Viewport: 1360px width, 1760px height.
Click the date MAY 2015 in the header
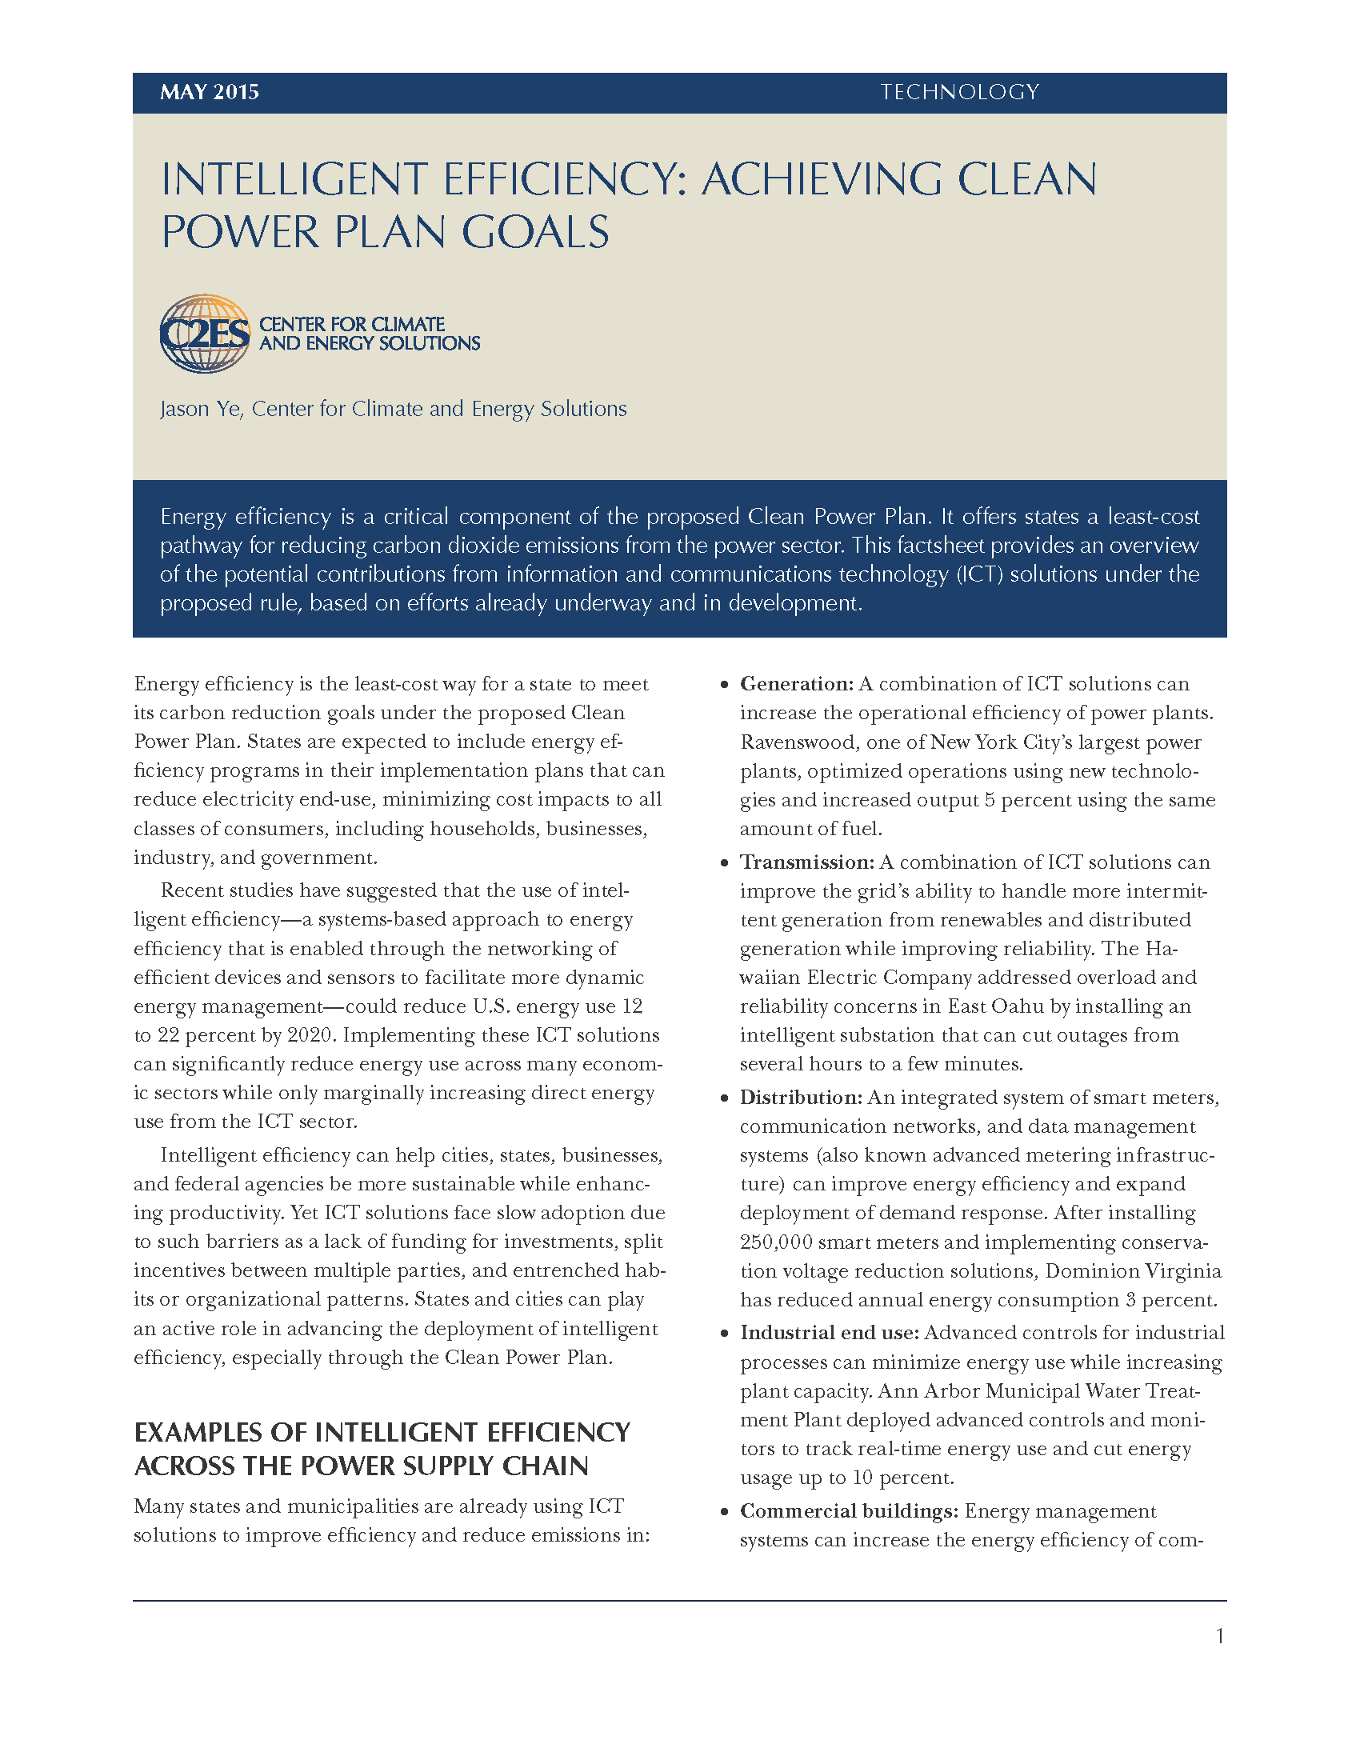pos(210,92)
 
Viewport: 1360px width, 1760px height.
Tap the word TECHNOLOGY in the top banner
pos(958,92)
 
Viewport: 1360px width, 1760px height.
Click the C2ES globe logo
pos(205,334)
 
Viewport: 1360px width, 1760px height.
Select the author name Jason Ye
pos(201,410)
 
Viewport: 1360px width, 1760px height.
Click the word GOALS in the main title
pos(535,233)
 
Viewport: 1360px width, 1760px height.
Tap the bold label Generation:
pos(796,684)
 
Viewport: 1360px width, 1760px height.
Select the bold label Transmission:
pos(806,862)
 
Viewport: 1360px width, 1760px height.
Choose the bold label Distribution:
pos(801,1098)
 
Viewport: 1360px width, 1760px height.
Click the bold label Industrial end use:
pos(829,1333)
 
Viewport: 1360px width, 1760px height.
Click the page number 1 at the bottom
pos(1220,1636)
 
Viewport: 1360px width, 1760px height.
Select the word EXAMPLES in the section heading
pos(198,1432)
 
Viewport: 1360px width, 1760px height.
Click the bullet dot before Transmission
pos(724,863)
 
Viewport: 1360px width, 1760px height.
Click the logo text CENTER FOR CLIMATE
pos(351,325)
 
